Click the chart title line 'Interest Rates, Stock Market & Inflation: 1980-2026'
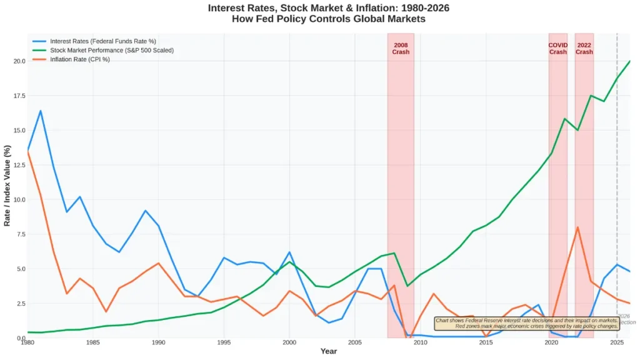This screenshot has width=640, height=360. (x=328, y=8)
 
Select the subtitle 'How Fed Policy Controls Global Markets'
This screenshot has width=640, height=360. (x=328, y=19)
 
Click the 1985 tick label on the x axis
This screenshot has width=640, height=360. (x=92, y=342)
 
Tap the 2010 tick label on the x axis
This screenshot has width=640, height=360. (x=420, y=342)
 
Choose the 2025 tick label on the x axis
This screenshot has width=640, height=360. (x=617, y=342)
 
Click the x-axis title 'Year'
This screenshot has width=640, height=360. (x=328, y=351)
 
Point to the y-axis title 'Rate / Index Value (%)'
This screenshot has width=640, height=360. (x=7, y=186)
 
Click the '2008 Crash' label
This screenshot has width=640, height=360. (x=401, y=48)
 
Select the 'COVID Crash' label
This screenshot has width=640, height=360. (x=557, y=48)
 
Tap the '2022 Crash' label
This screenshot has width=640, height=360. (x=584, y=48)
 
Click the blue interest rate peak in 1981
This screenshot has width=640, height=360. (x=41, y=111)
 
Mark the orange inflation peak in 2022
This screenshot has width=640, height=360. (x=577, y=227)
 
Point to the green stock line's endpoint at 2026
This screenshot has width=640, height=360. (x=629, y=61)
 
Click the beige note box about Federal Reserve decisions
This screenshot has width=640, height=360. (x=527, y=323)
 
